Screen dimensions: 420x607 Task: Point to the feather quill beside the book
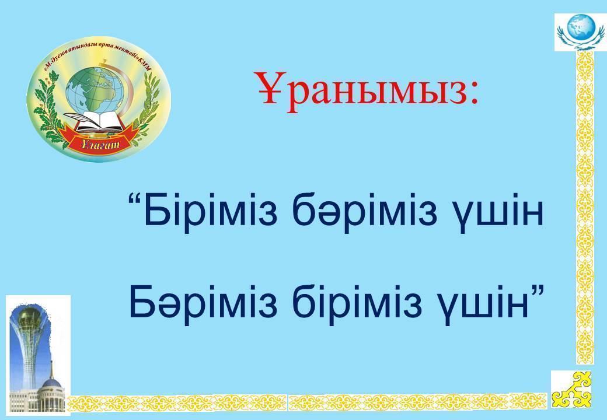79,118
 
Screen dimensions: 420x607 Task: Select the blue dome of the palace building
52,385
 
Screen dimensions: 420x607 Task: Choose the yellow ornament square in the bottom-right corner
571,390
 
